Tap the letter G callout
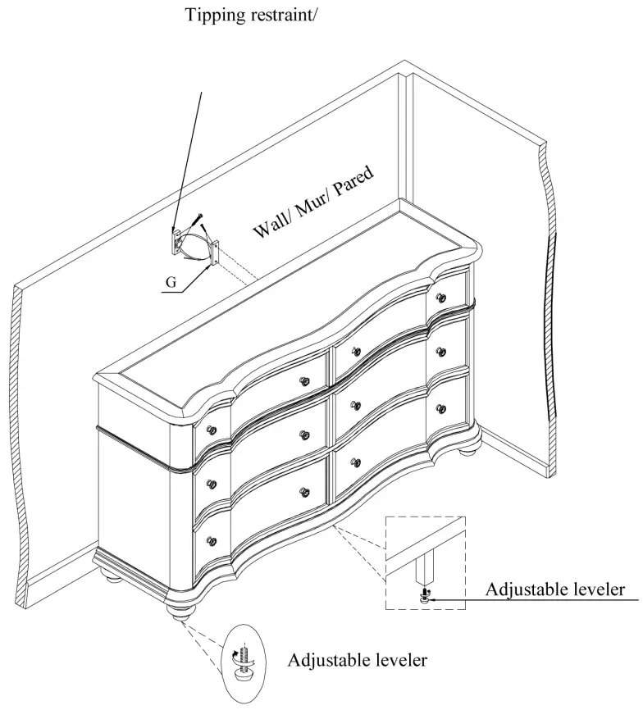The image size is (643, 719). [171, 282]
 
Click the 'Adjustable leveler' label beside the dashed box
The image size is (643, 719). [555, 589]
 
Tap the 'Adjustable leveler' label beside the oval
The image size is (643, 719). [357, 659]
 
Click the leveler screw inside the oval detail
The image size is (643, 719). [244, 653]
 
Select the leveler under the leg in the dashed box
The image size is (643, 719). [424, 598]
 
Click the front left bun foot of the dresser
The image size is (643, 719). [179, 607]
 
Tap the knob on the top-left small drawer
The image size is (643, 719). [212, 430]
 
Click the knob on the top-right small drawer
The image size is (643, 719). [441, 297]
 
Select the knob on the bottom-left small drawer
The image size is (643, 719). [212, 541]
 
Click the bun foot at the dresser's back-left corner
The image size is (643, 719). [114, 576]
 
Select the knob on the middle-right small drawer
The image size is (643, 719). [441, 352]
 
